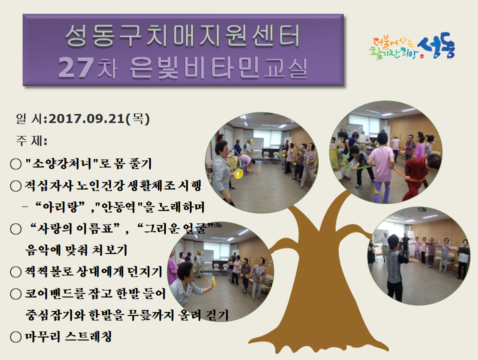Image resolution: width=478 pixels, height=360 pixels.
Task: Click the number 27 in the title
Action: pos(74,67)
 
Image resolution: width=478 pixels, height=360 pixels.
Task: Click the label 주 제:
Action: pos(31,140)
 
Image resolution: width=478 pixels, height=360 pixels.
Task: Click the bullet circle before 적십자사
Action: pos(15,186)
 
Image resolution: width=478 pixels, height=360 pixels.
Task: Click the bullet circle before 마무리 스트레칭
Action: pos(15,336)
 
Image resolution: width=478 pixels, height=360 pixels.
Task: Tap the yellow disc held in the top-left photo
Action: pos(238,173)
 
